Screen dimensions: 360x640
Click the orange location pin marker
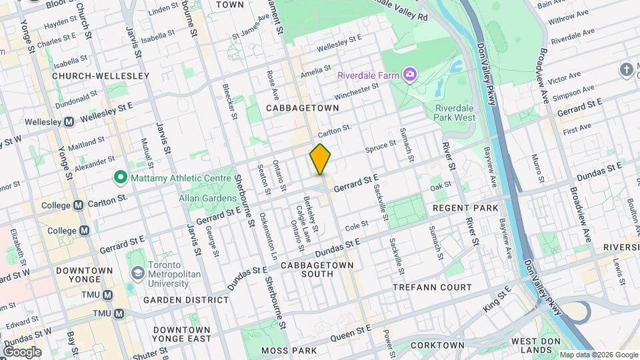321,159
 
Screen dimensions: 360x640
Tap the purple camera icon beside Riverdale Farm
410,74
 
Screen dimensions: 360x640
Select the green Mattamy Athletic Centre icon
120,177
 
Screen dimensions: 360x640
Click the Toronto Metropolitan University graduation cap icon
137,273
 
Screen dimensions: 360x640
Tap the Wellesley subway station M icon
69,122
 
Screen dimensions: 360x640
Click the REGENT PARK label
465,209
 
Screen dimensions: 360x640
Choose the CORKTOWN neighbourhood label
437,345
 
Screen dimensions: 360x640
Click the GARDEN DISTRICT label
186,300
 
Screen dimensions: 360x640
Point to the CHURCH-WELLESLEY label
101,76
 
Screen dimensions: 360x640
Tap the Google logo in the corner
21,352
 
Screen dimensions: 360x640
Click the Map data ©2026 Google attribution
598,355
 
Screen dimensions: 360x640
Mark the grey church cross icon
626,69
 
